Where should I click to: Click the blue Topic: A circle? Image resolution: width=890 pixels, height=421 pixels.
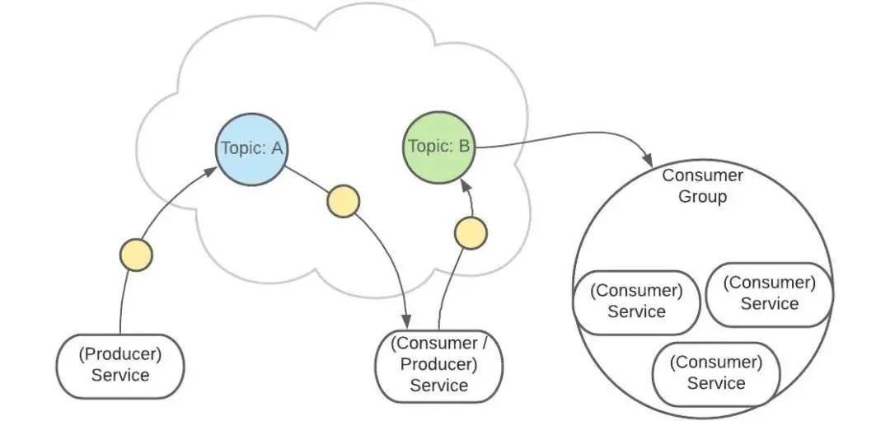(x=251, y=148)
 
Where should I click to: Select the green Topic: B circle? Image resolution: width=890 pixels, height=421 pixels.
(x=440, y=147)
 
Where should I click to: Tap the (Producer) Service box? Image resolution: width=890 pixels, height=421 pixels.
(x=120, y=365)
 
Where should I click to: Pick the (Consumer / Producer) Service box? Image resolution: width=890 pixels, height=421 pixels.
(x=438, y=363)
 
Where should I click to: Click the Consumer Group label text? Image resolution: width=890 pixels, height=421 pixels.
(x=703, y=186)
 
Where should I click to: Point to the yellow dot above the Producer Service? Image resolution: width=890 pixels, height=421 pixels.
(x=136, y=255)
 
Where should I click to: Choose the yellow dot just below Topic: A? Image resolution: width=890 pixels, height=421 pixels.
(x=343, y=201)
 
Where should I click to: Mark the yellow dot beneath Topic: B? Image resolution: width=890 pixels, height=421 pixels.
(x=471, y=233)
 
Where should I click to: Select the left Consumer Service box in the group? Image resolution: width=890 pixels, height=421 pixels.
(x=636, y=301)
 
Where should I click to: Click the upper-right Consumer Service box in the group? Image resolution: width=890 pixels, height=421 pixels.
(x=769, y=293)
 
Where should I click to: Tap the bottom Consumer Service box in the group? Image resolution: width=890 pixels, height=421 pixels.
(x=715, y=372)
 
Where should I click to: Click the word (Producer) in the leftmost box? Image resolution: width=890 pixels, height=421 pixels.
(x=120, y=354)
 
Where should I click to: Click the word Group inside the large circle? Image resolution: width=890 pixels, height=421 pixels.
(x=703, y=197)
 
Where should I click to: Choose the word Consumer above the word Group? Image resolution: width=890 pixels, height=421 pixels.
(x=703, y=175)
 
